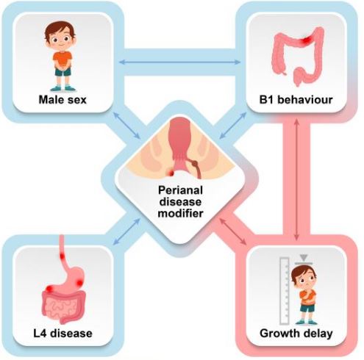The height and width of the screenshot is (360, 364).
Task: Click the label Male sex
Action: click(x=63, y=100)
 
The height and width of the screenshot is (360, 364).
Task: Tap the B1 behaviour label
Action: click(x=296, y=100)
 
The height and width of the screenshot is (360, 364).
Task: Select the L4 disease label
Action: click(x=63, y=334)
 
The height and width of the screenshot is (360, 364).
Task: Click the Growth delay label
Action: click(x=296, y=334)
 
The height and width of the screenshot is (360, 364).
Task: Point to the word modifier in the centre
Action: click(x=180, y=213)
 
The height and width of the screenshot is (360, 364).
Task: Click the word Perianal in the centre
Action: click(x=180, y=190)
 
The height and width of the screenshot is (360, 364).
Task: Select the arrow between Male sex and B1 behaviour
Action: click(x=179, y=62)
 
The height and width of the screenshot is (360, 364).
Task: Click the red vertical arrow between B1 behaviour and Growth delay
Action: click(x=296, y=179)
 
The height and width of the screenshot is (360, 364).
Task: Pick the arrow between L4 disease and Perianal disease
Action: click(x=126, y=231)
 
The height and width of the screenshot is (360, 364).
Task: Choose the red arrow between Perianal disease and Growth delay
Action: click(x=233, y=231)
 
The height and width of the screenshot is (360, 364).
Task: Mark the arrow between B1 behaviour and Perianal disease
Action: click(x=233, y=126)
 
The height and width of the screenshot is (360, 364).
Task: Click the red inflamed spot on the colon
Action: click(x=305, y=41)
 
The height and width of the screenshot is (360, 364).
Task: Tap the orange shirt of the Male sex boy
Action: click(x=63, y=59)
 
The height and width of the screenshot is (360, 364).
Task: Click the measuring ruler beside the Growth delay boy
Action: click(x=285, y=291)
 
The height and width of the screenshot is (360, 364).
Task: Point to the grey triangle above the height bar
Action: click(x=304, y=258)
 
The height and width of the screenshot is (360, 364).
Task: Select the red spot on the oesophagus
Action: click(x=62, y=256)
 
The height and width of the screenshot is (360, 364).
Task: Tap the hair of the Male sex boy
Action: click(x=60, y=30)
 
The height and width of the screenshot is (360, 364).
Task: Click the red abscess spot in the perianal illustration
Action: click(x=170, y=173)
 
